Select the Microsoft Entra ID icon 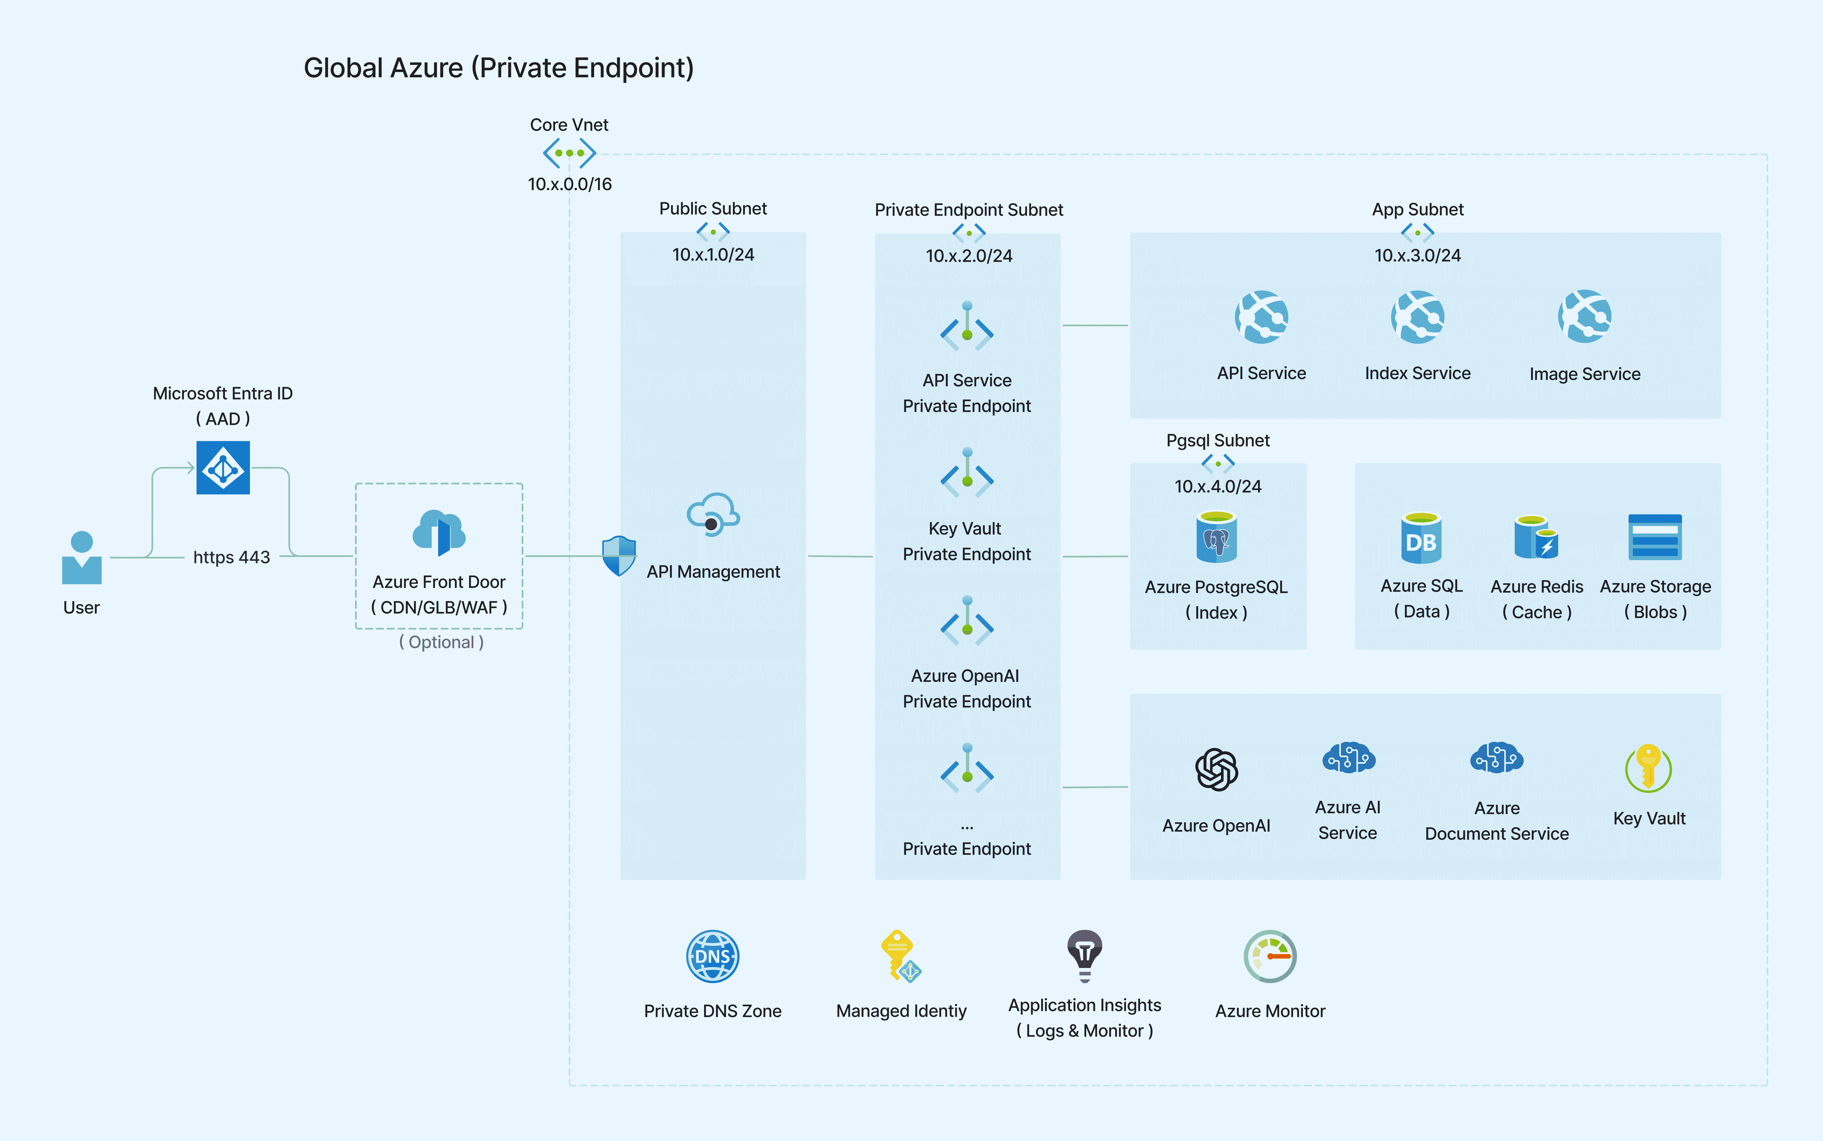(223, 468)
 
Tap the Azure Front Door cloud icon (439, 532)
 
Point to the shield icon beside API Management (619, 556)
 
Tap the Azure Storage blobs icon (1655, 537)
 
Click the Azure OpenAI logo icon (1216, 770)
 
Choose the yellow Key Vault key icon (1649, 768)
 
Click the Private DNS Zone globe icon (713, 956)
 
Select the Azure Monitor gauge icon (1270, 956)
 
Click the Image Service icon (1584, 316)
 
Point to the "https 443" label (232, 558)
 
